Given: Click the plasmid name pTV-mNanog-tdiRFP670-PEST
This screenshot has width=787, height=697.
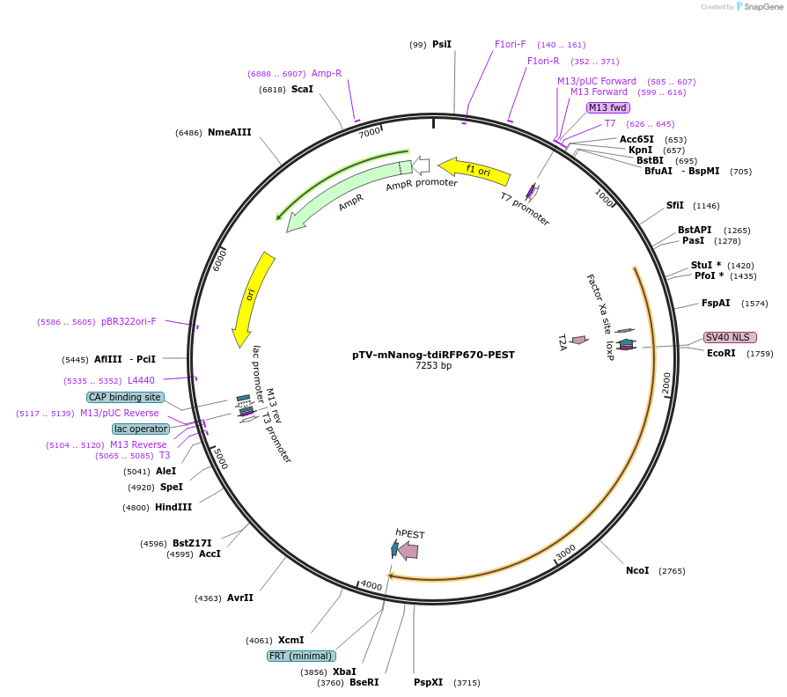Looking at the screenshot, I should [433, 355].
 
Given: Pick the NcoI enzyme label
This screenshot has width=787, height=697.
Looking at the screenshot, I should [637, 570].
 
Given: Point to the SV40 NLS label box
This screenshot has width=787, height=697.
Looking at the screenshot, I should [730, 338].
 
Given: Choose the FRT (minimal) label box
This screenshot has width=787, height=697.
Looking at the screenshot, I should [301, 656].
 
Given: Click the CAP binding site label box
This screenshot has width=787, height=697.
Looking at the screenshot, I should [125, 397].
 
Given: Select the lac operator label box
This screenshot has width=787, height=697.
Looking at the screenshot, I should [141, 429].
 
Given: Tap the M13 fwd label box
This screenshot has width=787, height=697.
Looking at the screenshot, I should [608, 107].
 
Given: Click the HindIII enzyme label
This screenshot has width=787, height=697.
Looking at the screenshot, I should [173, 507].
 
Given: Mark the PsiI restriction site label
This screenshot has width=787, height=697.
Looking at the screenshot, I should [442, 44].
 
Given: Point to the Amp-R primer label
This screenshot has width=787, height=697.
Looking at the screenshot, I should [327, 73].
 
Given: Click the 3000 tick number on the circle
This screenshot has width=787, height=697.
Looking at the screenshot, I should [566, 552].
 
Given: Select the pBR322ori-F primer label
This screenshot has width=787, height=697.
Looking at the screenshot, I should [129, 321].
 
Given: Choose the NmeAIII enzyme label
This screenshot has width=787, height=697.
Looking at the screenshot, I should [229, 132].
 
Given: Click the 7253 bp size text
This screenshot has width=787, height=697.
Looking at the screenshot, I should [433, 366].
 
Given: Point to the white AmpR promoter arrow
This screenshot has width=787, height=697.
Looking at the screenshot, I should [422, 165].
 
